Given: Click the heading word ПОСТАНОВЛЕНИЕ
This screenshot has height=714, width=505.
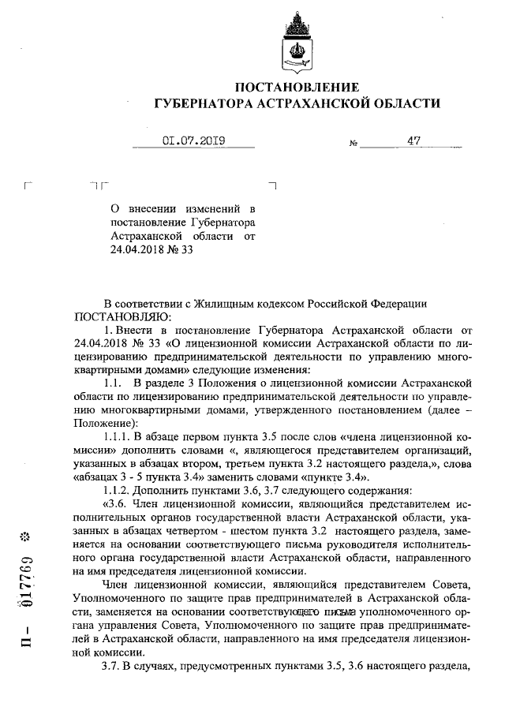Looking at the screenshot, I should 297,87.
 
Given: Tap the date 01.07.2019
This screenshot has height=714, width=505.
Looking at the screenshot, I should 193,141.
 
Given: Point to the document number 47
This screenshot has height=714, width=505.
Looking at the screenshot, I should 413,141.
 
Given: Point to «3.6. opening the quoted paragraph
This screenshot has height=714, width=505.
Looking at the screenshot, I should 116,503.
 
